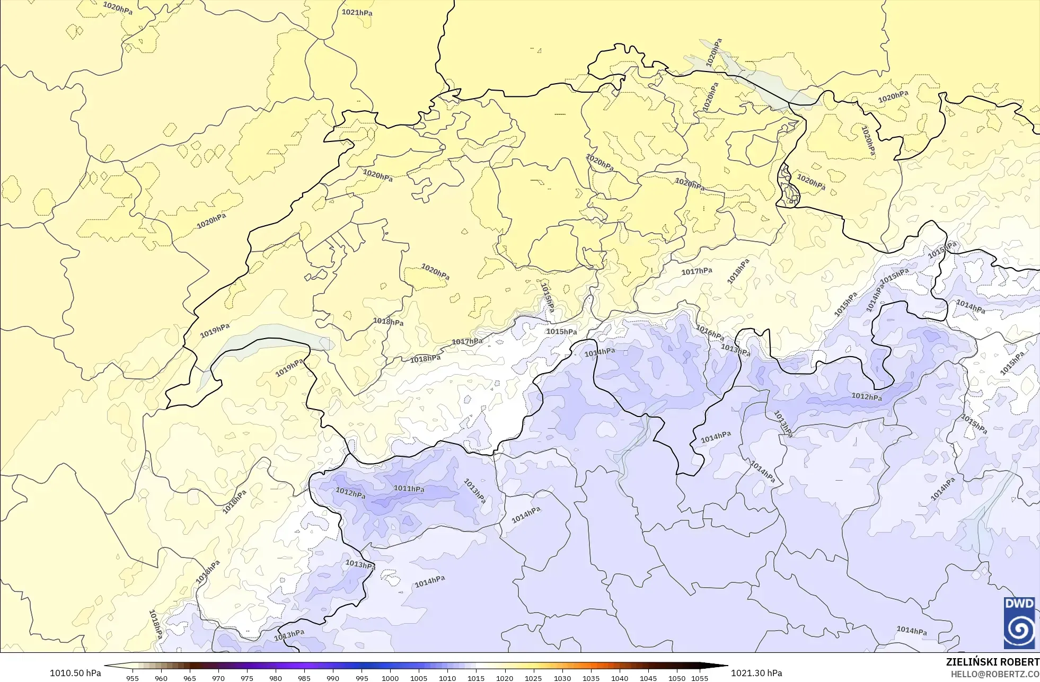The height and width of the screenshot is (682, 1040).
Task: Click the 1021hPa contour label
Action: coord(357,12)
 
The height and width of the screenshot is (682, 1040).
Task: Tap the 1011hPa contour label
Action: coord(409,489)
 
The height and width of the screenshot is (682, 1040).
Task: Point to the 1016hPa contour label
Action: coord(710,332)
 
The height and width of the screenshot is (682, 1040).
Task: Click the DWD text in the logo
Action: coord(1019,604)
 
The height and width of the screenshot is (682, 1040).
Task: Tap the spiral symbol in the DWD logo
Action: coord(1019,629)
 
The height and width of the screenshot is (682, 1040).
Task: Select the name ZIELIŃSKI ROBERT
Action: coord(992,662)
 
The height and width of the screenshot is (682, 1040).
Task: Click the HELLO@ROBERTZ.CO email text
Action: coord(994,674)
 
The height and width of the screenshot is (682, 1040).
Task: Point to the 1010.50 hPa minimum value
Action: coord(75,673)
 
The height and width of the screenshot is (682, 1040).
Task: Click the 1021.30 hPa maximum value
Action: coord(756,673)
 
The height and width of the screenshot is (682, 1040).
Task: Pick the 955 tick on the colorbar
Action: coord(133,678)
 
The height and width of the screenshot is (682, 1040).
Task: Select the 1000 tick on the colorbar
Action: coord(390,678)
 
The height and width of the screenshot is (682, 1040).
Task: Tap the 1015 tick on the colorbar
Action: coord(476,678)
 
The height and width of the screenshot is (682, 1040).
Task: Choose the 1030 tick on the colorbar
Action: coord(562,678)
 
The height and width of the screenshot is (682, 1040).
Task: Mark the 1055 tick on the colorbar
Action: coord(700,678)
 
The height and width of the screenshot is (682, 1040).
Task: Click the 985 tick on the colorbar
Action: coord(304,678)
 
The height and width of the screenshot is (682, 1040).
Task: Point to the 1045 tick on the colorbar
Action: coord(648,678)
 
